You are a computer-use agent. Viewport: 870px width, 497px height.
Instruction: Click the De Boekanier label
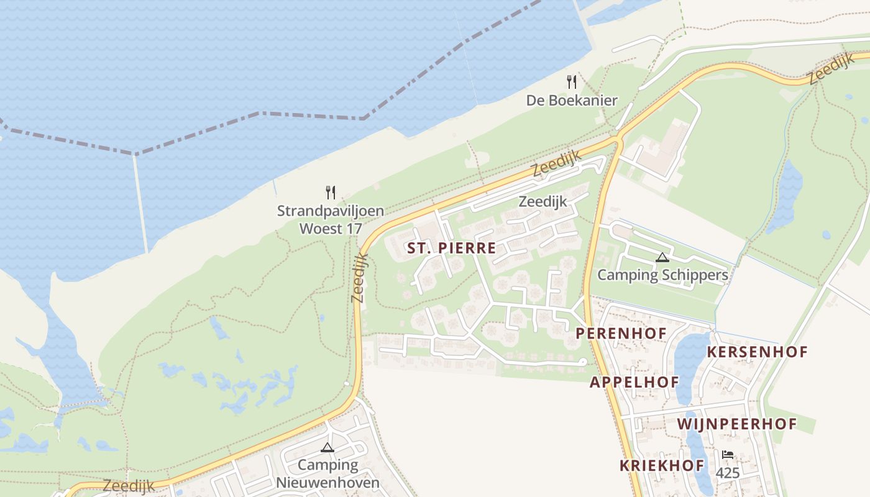pyautogui.click(x=572, y=100)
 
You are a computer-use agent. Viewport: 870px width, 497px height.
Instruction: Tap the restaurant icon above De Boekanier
pyautogui.click(x=572, y=81)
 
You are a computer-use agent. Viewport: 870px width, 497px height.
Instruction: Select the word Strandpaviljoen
pyautogui.click(x=330, y=211)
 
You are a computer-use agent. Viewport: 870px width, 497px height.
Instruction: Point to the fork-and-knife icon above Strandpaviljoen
pyautogui.click(x=331, y=192)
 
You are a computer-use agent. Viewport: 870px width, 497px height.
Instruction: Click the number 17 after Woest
pyautogui.click(x=354, y=228)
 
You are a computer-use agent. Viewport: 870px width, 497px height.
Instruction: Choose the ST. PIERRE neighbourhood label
pyautogui.click(x=451, y=248)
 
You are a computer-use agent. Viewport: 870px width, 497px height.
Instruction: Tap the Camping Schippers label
pyautogui.click(x=662, y=275)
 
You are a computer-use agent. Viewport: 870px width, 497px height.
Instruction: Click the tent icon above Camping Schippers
pyautogui.click(x=662, y=257)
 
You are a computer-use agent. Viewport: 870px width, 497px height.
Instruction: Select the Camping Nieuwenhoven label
pyautogui.click(x=327, y=473)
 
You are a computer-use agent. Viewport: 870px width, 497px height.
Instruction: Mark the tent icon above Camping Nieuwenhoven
pyautogui.click(x=327, y=447)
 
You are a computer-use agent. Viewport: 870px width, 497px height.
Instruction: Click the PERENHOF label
pyautogui.click(x=620, y=334)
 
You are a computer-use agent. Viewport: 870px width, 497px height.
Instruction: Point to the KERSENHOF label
pyautogui.click(x=757, y=352)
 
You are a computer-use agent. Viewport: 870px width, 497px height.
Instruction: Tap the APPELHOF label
pyautogui.click(x=634, y=382)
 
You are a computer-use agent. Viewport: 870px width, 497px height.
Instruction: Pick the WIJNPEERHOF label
pyautogui.click(x=736, y=424)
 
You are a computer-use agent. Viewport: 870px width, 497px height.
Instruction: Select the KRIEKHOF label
pyautogui.click(x=662, y=465)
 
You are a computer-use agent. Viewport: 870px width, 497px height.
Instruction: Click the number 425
pyautogui.click(x=728, y=473)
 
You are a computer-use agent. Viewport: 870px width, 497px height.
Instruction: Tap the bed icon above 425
pyautogui.click(x=728, y=455)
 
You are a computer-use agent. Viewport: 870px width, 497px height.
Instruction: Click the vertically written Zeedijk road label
pyautogui.click(x=360, y=277)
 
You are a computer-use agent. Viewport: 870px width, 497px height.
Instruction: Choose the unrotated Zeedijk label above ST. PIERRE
pyautogui.click(x=543, y=201)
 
